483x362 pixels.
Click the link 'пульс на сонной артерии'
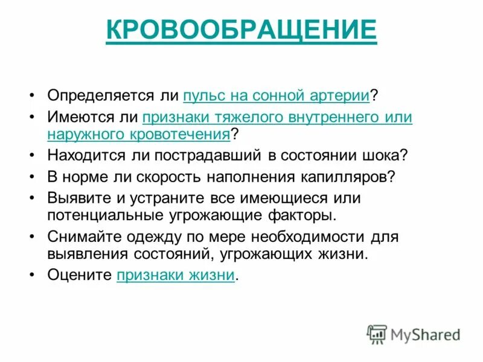(x=277, y=95)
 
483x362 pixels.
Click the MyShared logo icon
(x=377, y=334)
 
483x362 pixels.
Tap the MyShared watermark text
(x=425, y=334)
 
